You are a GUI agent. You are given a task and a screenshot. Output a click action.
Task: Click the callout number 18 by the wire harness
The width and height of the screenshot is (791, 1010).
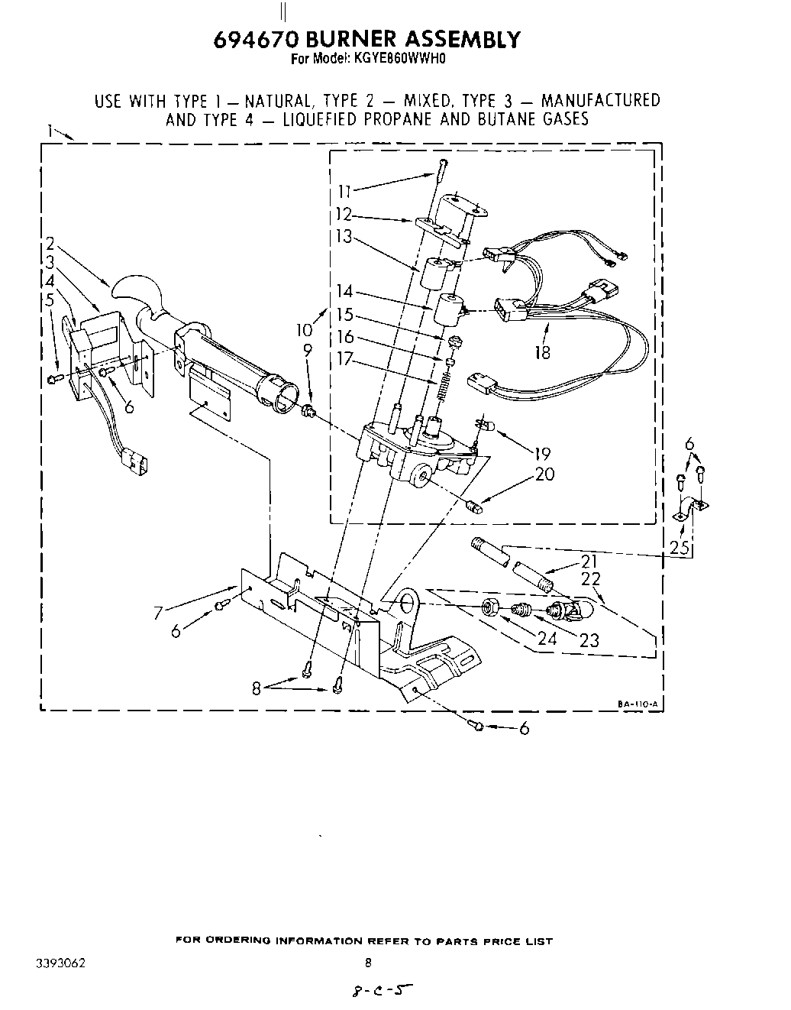(x=542, y=353)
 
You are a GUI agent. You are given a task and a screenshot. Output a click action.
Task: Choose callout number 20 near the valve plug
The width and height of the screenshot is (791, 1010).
(x=544, y=474)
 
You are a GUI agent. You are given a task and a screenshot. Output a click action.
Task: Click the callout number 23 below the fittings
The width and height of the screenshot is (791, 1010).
(x=589, y=640)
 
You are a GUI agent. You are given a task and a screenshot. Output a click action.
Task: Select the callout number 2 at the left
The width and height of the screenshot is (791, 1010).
(x=50, y=244)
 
